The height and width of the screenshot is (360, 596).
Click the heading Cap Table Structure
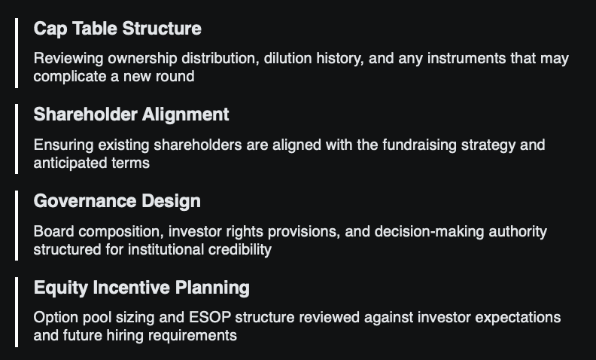click(x=117, y=29)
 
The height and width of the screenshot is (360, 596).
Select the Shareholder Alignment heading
click(x=131, y=114)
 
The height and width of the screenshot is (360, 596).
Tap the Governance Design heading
click(x=117, y=201)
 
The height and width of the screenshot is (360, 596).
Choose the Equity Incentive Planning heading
click(x=141, y=288)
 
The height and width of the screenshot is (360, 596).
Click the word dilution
click(x=285, y=59)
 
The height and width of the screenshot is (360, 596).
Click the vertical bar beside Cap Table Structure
click(x=16, y=52)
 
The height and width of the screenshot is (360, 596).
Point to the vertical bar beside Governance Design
click(x=16, y=225)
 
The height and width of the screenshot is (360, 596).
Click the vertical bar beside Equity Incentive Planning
click(x=16, y=312)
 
